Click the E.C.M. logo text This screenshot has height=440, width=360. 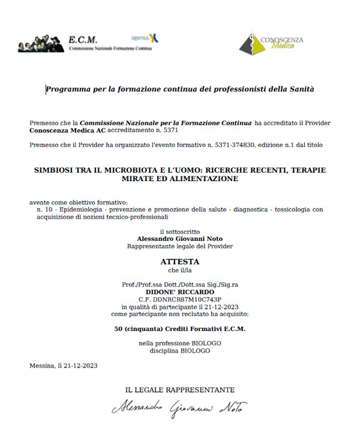[x=83, y=40]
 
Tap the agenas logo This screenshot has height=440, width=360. [x=145, y=38]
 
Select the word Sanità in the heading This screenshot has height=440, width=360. [x=301, y=89]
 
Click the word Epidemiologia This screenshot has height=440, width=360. [x=78, y=209]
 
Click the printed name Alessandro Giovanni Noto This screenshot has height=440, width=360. [x=179, y=239]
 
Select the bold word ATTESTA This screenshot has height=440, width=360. [x=179, y=262]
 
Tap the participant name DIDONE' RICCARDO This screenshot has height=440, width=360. [x=179, y=291]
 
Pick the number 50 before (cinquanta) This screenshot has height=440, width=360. [x=118, y=329]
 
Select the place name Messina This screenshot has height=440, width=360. [x=40, y=366]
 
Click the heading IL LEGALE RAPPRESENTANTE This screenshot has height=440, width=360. [x=179, y=390]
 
